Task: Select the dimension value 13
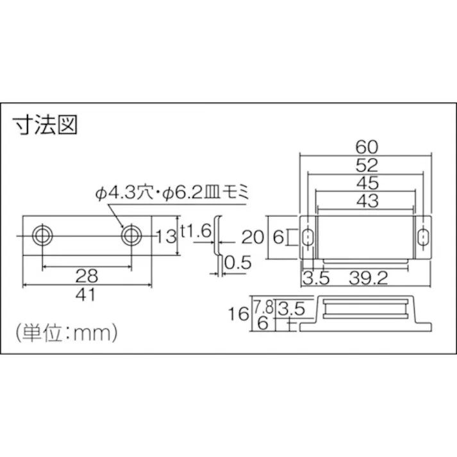[x=165, y=237]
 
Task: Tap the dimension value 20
[x=252, y=237]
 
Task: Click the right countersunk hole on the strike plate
[x=131, y=235]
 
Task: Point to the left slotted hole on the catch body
[x=308, y=237]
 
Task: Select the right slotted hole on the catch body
[x=423, y=237]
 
